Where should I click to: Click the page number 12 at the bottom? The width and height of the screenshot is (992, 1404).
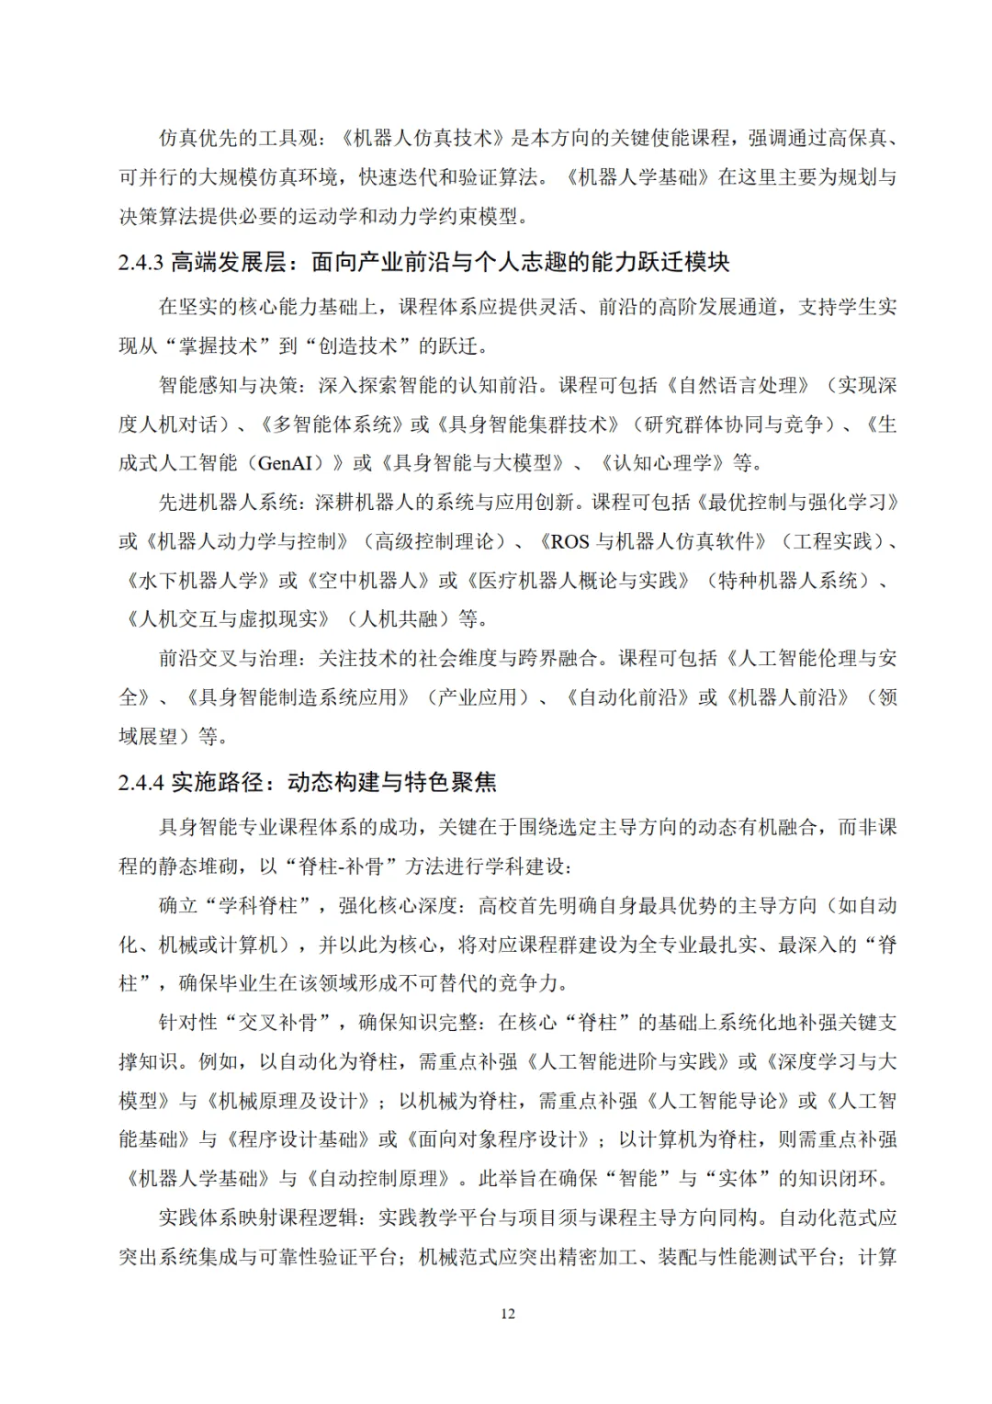[508, 1313]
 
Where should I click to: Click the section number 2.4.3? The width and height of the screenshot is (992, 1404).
[141, 263]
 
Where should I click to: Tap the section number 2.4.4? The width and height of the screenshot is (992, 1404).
[141, 783]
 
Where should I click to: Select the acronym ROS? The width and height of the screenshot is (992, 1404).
[569, 541]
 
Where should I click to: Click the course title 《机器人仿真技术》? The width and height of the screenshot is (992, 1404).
[424, 138]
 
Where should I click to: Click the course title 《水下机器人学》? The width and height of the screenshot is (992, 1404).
[198, 581]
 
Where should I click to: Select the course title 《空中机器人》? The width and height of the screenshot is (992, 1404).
[367, 581]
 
